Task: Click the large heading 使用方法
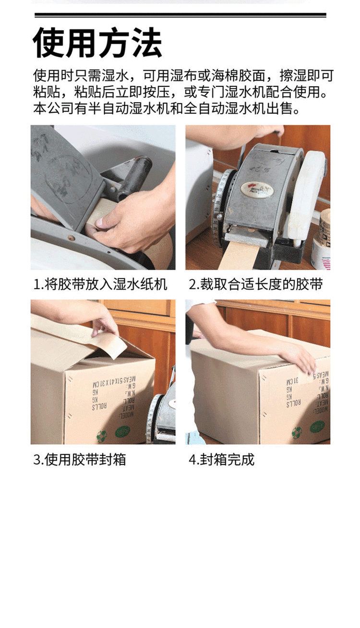pyautogui.click(x=97, y=44)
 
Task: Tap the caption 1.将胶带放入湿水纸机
pyautogui.click(x=100, y=284)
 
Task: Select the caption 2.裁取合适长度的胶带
pyautogui.click(x=255, y=284)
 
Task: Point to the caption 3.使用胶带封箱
pyautogui.click(x=79, y=460)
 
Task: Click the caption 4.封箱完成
pyautogui.click(x=221, y=460)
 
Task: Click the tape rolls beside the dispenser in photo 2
pyautogui.click(x=322, y=240)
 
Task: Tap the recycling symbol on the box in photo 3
pyautogui.click(x=101, y=436)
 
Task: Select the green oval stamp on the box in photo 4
pyautogui.click(x=317, y=426)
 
